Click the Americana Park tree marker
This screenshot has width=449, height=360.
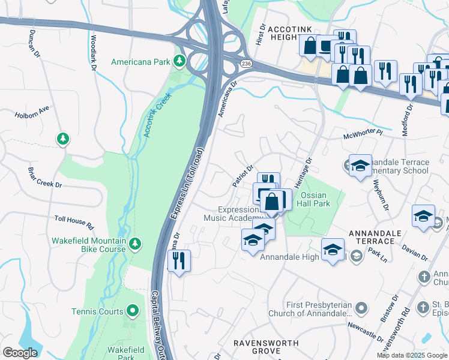tap(178, 61)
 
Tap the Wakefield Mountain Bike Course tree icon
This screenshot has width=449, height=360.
tap(136, 243)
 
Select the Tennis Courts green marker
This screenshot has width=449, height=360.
tap(133, 311)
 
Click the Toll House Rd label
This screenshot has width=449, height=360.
tap(74, 223)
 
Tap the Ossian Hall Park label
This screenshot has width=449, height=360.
tap(315, 199)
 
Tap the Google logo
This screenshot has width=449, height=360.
tap(20, 353)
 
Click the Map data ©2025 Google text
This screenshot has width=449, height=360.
tap(412, 355)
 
